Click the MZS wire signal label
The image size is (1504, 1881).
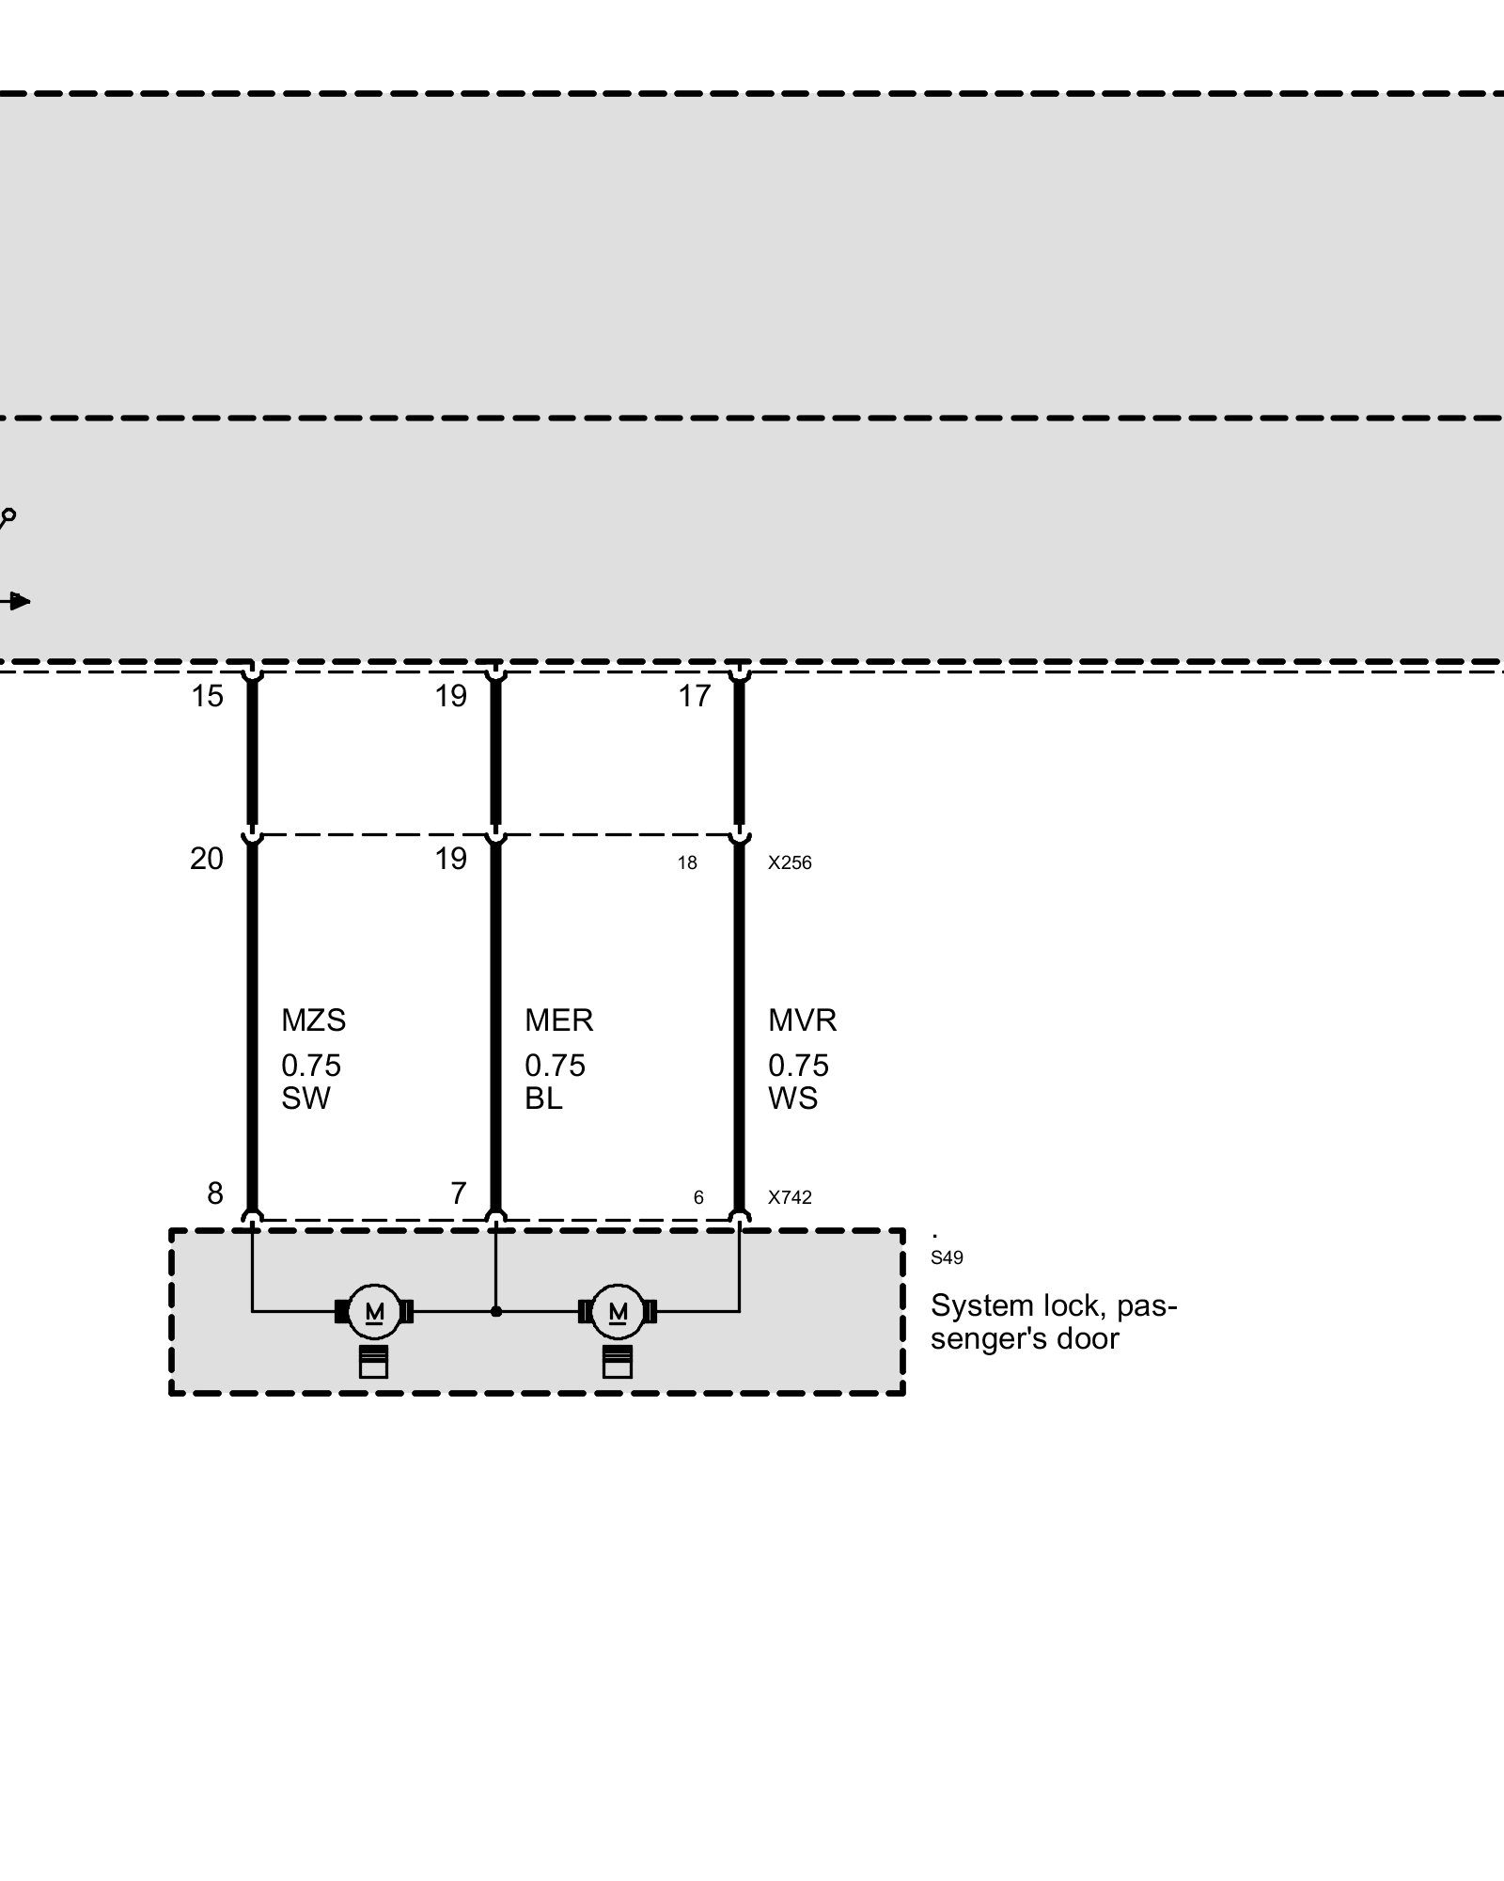pyautogui.click(x=313, y=1020)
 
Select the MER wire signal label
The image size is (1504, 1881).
pyautogui.click(x=558, y=1020)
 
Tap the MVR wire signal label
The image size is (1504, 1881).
pyautogui.click(x=802, y=1020)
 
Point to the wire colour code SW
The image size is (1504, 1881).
pyautogui.click(x=305, y=1099)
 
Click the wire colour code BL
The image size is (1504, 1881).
pyautogui.click(x=543, y=1099)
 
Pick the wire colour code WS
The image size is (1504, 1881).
pyautogui.click(x=792, y=1099)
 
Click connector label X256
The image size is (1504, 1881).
pyautogui.click(x=790, y=863)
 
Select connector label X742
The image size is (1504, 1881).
pyautogui.click(x=790, y=1198)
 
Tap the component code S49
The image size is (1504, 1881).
pyautogui.click(x=947, y=1258)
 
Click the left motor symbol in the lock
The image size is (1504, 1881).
pyautogui.click(x=374, y=1311)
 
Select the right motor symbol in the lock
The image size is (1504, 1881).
pyautogui.click(x=618, y=1311)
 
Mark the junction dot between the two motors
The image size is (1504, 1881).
pyautogui.click(x=496, y=1311)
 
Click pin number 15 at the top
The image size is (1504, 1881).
pyautogui.click(x=207, y=697)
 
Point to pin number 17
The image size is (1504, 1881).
pyautogui.click(x=695, y=697)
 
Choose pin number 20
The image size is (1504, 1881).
pyautogui.click(x=207, y=859)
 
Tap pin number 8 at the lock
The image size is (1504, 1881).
pyautogui.click(x=215, y=1193)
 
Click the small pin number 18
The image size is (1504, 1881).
pyautogui.click(x=687, y=863)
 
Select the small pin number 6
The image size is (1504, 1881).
pyautogui.click(x=698, y=1198)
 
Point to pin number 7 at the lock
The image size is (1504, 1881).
pyautogui.click(x=459, y=1193)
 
